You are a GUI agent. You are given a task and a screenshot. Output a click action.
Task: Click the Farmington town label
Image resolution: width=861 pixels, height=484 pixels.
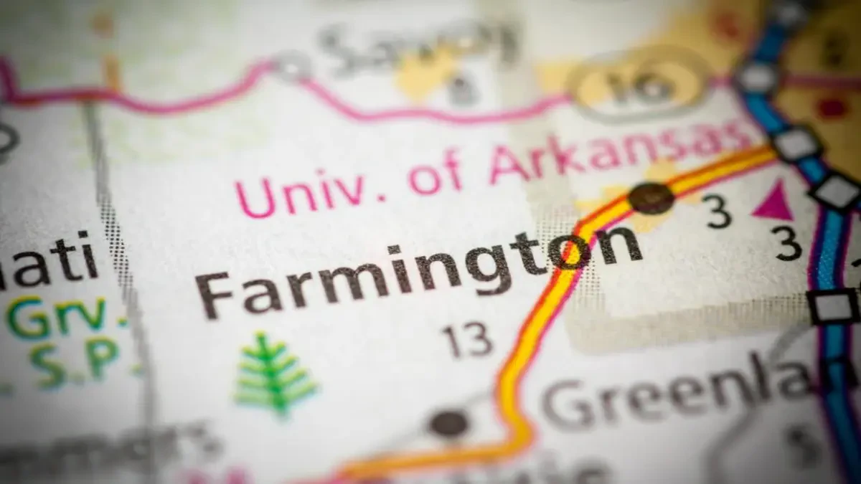tap(420, 269)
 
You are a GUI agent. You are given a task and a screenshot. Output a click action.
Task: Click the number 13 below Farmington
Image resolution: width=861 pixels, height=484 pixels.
tap(467, 340)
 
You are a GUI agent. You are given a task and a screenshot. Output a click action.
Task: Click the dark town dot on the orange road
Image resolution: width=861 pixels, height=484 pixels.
tap(651, 197)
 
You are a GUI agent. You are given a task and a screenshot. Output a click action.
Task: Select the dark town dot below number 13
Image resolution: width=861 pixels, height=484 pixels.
tap(449, 423)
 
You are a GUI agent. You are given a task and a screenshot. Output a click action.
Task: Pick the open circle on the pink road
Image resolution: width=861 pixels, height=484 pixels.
tap(291, 66)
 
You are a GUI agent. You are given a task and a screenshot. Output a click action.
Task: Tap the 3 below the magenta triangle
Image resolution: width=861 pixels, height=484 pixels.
tap(789, 245)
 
